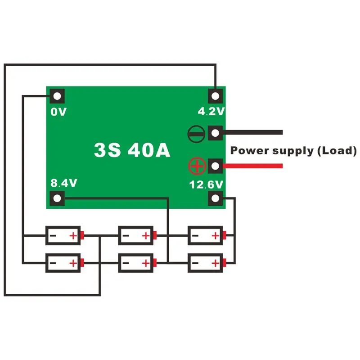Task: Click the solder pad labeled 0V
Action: pyautogui.click(x=58, y=96)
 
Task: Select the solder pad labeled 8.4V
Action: pyautogui.click(x=58, y=198)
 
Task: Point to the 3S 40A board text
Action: pyautogui.click(x=132, y=150)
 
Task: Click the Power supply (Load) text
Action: pyautogui.click(x=293, y=150)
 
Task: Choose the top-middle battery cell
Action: pyautogui.click(x=136, y=235)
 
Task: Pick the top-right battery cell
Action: pyautogui.click(x=206, y=235)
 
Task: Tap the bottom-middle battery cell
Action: pyautogui.click(x=136, y=262)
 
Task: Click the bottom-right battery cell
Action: pyautogui.click(x=206, y=262)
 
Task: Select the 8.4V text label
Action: pyautogui.click(x=63, y=183)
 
